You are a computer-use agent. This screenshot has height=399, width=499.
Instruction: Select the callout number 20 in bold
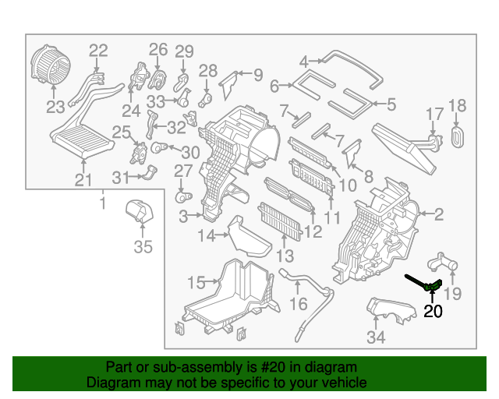click(x=433, y=312)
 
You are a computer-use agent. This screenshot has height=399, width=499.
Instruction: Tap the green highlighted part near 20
click(x=434, y=286)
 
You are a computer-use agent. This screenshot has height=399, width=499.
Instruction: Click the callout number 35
click(x=142, y=249)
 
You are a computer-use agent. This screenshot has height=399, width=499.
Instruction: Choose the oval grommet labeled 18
click(x=458, y=136)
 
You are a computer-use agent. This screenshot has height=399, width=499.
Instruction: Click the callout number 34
click(x=377, y=337)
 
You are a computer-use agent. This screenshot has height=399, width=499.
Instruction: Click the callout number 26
click(x=158, y=50)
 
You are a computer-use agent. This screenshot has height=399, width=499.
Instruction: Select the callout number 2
click(x=439, y=213)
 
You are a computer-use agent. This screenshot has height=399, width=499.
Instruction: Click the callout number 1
click(x=102, y=204)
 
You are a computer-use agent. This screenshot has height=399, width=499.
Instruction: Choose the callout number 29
click(x=183, y=52)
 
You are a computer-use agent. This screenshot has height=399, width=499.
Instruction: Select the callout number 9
click(x=257, y=75)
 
